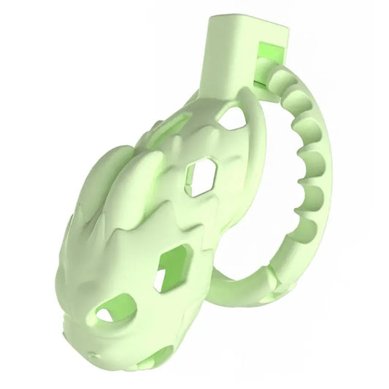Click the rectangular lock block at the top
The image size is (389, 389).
(232, 51)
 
